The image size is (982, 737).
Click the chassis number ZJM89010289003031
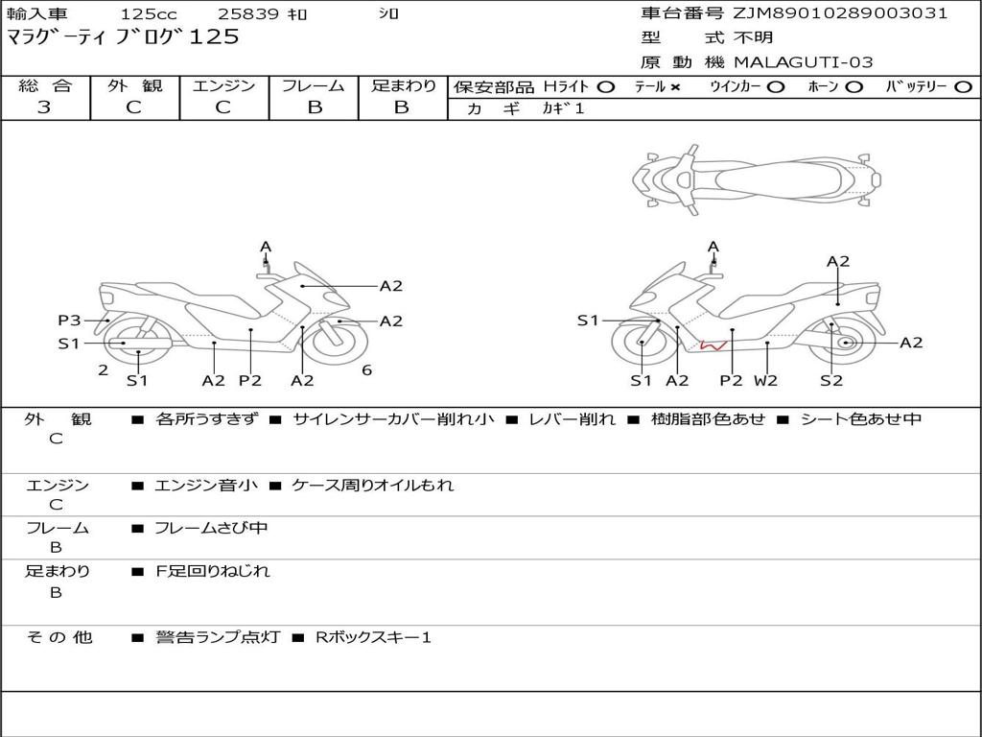pyautogui.click(x=841, y=13)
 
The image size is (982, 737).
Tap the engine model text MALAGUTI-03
pyautogui.click(x=804, y=62)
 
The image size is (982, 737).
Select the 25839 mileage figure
pyautogui.click(x=248, y=14)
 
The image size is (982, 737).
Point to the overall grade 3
pyautogui.click(x=44, y=107)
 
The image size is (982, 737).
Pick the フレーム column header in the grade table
pyautogui.click(x=314, y=86)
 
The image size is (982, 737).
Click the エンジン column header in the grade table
pyautogui.click(x=223, y=86)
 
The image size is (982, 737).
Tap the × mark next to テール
pyautogui.click(x=675, y=87)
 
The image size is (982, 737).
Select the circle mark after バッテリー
pyautogui.click(x=963, y=87)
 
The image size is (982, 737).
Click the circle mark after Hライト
pyautogui.click(x=606, y=87)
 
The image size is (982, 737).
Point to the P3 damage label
pyautogui.click(x=69, y=321)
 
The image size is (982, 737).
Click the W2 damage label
pyautogui.click(x=765, y=380)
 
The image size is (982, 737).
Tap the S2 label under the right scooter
pyautogui.click(x=830, y=380)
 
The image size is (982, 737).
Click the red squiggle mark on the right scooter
pyautogui.click(x=712, y=343)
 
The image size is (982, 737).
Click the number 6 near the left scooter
pyautogui.click(x=366, y=369)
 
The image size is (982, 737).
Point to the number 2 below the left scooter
pyautogui.click(x=103, y=369)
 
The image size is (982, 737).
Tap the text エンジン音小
pyautogui.click(x=206, y=486)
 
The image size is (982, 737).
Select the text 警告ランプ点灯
pyautogui.click(x=217, y=637)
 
